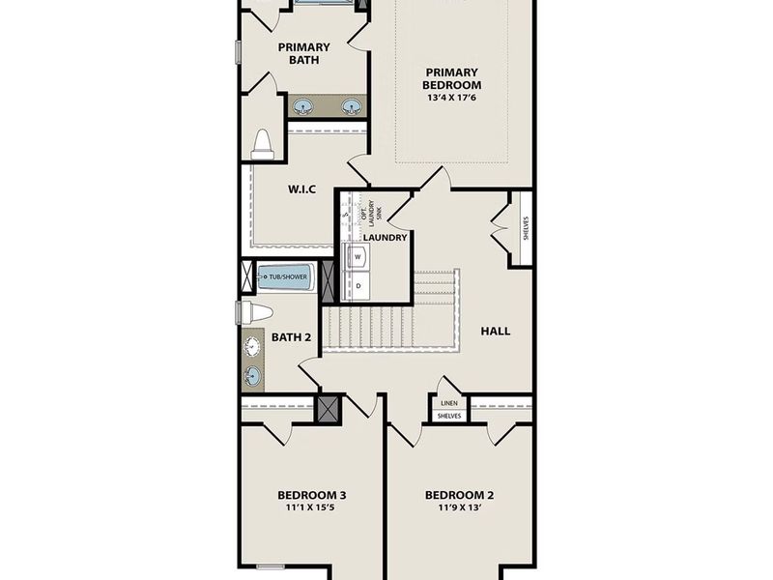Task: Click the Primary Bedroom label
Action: coord(451,77)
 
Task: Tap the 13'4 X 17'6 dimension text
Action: coord(451,97)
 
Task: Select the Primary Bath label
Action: coord(303,53)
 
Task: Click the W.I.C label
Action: coord(302,189)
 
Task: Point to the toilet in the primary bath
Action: coord(262,145)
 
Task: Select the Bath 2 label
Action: coord(291,337)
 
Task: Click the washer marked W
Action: coord(358,258)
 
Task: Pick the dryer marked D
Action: coord(358,286)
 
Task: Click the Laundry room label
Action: coord(385,237)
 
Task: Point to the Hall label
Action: coord(495,331)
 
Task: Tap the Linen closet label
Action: coord(448,403)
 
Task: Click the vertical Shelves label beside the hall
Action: coord(526,228)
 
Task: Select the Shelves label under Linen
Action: coord(448,417)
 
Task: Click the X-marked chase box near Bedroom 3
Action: coord(329,408)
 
